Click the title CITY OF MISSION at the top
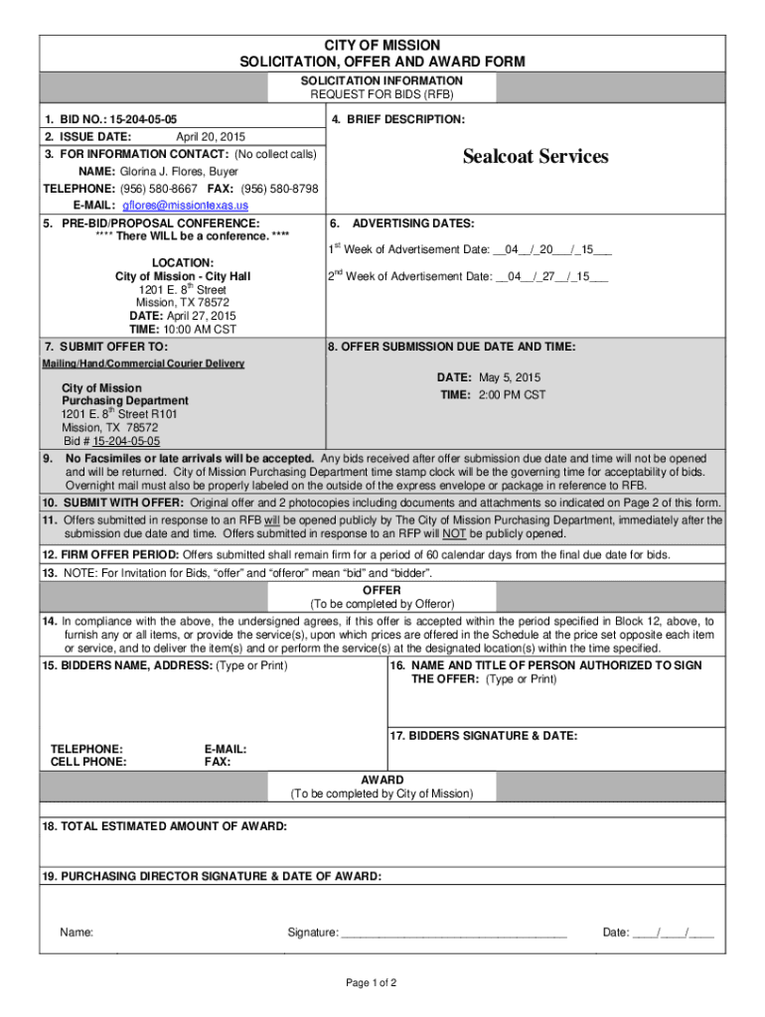coord(382,46)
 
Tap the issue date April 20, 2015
coord(211,137)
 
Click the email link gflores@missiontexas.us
coord(185,206)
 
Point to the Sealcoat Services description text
coord(535,157)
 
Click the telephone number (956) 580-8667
coord(159,189)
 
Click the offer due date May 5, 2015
coord(510,378)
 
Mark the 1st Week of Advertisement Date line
coord(470,249)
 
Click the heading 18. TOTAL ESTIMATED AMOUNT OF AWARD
coord(165,826)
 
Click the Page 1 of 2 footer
coord(372,983)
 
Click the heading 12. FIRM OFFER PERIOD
coord(111,554)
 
